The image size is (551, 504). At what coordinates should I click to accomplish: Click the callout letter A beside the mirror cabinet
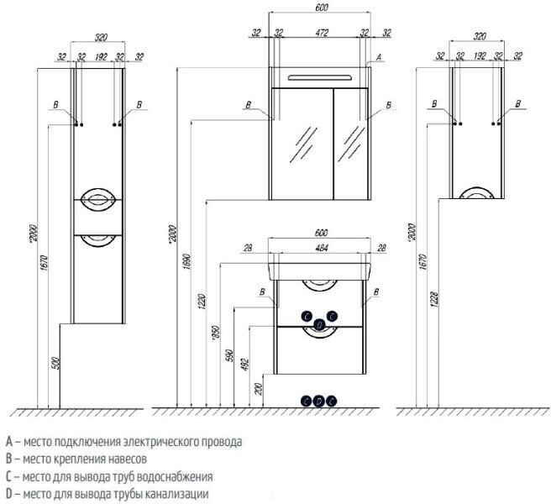point(380,56)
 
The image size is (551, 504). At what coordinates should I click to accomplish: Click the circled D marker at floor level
point(319,401)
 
